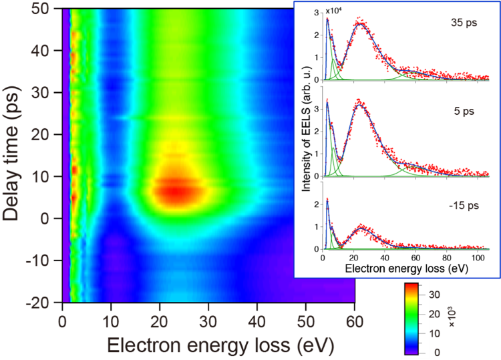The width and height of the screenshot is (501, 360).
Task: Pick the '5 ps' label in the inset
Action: click(463, 112)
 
